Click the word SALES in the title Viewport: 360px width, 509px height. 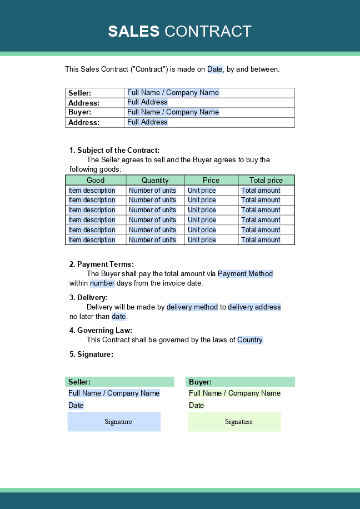point(134,31)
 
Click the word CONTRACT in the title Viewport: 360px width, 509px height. point(208,31)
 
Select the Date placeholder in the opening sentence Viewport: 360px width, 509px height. point(215,69)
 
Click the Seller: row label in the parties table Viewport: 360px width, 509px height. point(80,93)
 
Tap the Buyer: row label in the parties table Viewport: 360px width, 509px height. point(79,112)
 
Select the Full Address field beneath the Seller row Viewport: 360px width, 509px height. point(147,102)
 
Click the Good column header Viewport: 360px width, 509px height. point(96,180)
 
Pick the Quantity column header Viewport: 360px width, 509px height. point(155,180)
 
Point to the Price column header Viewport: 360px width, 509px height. point(211,180)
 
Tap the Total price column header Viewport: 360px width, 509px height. point(266,180)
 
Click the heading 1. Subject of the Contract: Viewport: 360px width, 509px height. point(114,150)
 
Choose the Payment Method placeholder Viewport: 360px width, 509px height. point(246,273)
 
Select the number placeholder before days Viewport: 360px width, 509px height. point(102,283)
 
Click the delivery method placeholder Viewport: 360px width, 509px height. point(192,307)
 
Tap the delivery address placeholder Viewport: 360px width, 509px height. point(254,307)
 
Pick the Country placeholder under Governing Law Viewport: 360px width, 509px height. point(250,340)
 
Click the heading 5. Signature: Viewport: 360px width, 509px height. point(91,354)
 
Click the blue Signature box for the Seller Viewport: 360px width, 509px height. point(114,422)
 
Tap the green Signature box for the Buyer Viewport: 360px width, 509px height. point(234,422)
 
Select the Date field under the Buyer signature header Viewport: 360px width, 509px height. point(197,406)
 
